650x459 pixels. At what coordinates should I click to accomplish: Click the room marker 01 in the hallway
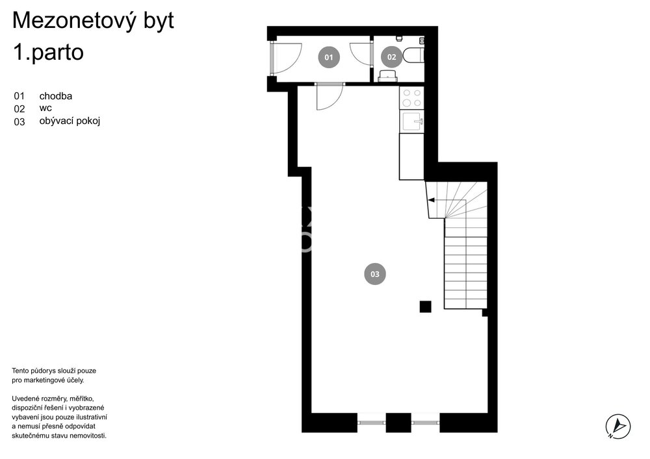[329, 57]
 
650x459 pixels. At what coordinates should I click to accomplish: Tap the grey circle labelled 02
[392, 57]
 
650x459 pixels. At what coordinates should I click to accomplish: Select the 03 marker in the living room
[375, 274]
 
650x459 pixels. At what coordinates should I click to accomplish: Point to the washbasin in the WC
[388, 76]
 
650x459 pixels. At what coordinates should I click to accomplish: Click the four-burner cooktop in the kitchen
[411, 98]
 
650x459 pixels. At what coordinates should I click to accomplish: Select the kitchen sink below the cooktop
[411, 121]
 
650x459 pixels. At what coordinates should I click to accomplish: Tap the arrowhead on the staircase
[431, 201]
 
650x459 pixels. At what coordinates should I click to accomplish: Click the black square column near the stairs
[425, 306]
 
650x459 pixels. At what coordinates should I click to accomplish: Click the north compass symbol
[618, 427]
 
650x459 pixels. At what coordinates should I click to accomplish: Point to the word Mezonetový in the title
[75, 21]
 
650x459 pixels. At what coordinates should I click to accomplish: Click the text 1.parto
[48, 53]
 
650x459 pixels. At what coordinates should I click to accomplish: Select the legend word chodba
[55, 96]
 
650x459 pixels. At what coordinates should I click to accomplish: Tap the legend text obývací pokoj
[70, 121]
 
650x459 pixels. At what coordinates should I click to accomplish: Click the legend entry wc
[45, 108]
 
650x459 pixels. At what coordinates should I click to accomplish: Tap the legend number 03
[19, 122]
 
